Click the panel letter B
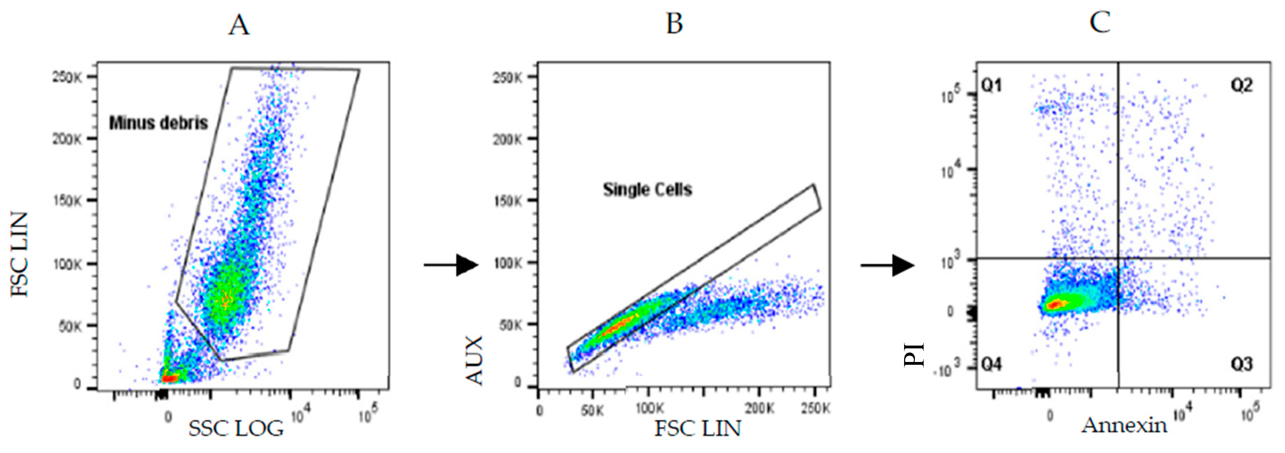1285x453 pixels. (x=675, y=24)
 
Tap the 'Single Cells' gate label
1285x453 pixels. (x=647, y=190)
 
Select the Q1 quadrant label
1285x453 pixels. (x=991, y=86)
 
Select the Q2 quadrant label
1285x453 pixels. (x=1241, y=86)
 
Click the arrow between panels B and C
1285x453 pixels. (x=887, y=265)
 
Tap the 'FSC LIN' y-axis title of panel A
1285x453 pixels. (x=20, y=255)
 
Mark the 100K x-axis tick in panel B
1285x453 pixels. (x=649, y=409)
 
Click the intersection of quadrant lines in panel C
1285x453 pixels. (x=1118, y=258)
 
